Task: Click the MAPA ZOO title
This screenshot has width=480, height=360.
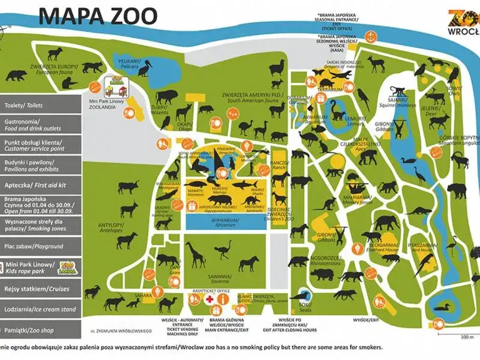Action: coord(98,16)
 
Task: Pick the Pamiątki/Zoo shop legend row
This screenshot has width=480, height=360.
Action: coord(40,329)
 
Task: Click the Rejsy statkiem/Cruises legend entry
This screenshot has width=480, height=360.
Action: coord(40,289)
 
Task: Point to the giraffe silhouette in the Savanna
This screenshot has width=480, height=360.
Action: coord(196,254)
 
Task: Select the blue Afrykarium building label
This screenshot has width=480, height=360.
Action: coord(223,220)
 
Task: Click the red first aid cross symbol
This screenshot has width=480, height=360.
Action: coord(210,299)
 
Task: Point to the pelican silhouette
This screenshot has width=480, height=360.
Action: coord(146,71)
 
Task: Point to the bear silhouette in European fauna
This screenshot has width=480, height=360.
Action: coord(16,76)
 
